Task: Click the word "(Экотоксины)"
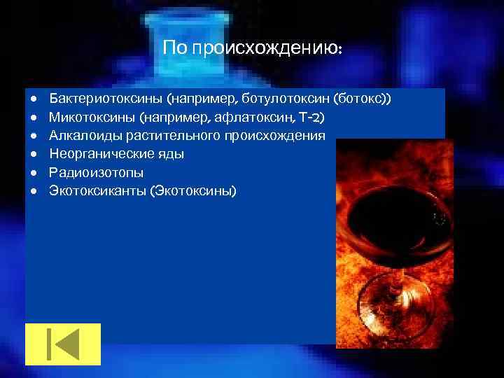194,189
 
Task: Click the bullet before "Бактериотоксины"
32,98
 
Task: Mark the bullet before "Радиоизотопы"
32,171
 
